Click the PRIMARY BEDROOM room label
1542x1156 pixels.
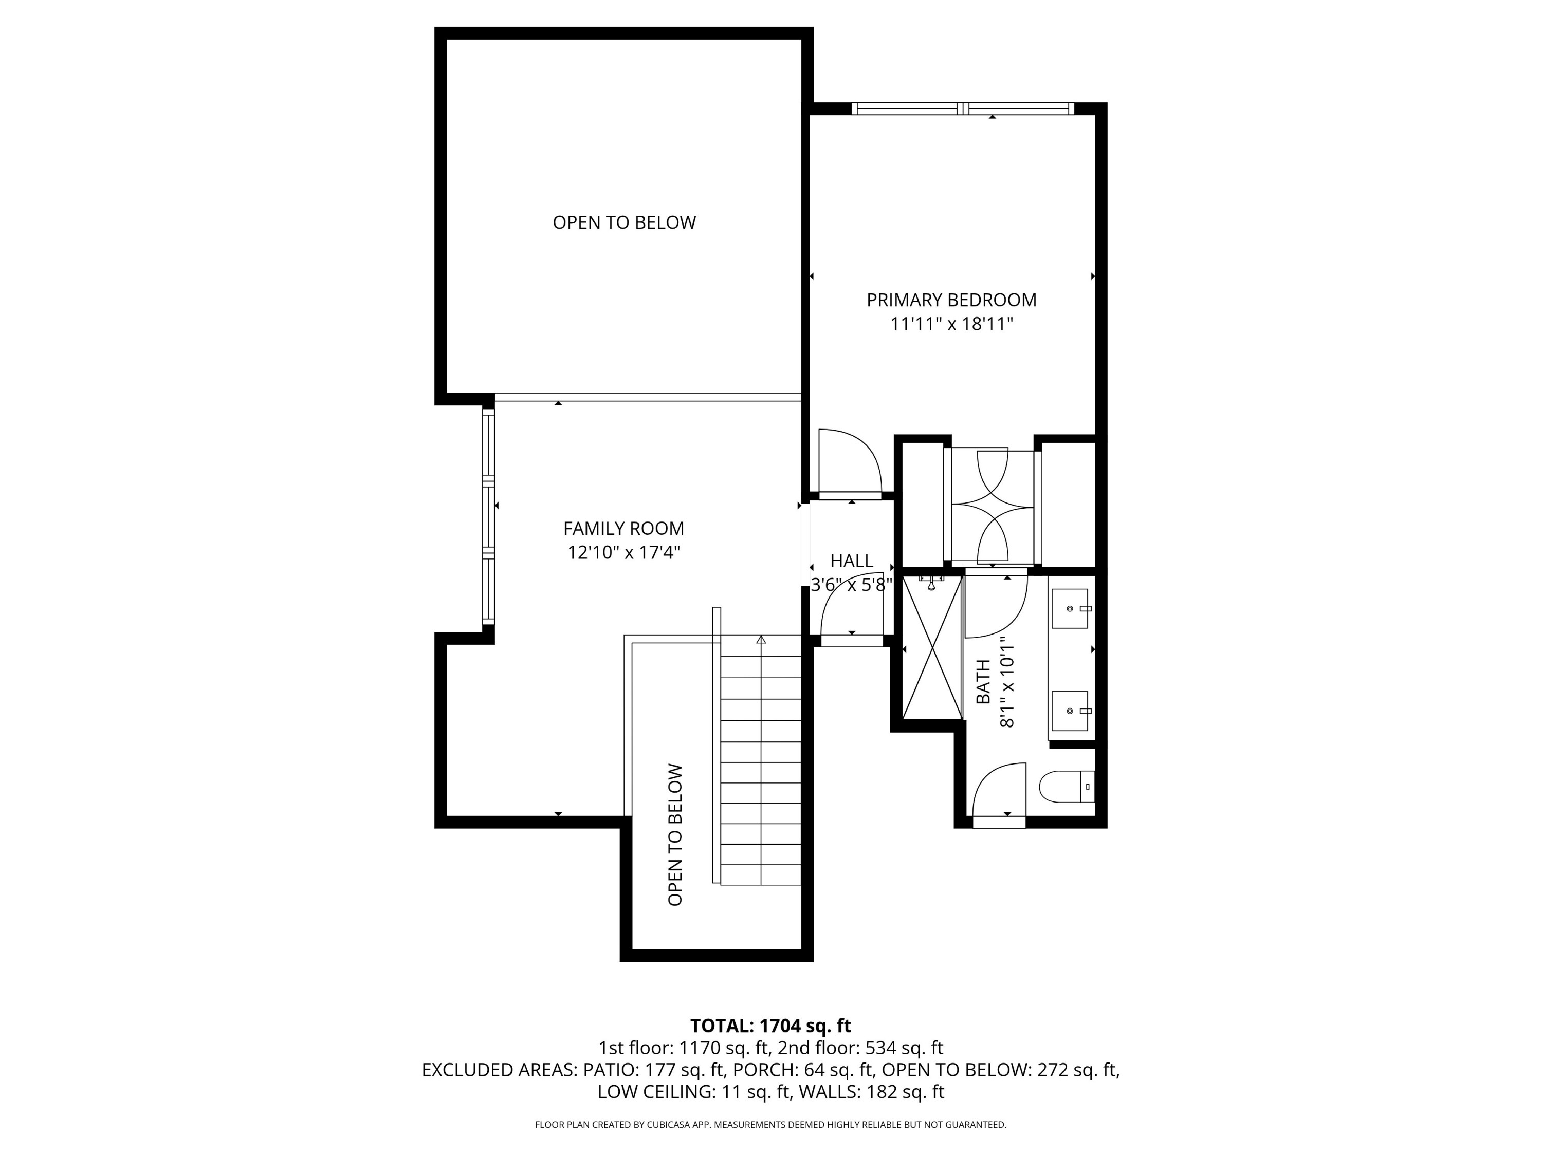point(951,300)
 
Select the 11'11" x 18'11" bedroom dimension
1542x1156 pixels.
point(951,324)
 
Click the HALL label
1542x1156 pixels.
point(851,561)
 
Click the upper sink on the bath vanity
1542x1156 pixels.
point(1069,608)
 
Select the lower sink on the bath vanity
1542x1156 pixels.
point(1069,711)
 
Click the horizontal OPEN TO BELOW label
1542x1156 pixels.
point(624,222)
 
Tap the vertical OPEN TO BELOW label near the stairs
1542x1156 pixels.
point(675,835)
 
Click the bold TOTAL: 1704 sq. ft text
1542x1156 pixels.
point(770,1026)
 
